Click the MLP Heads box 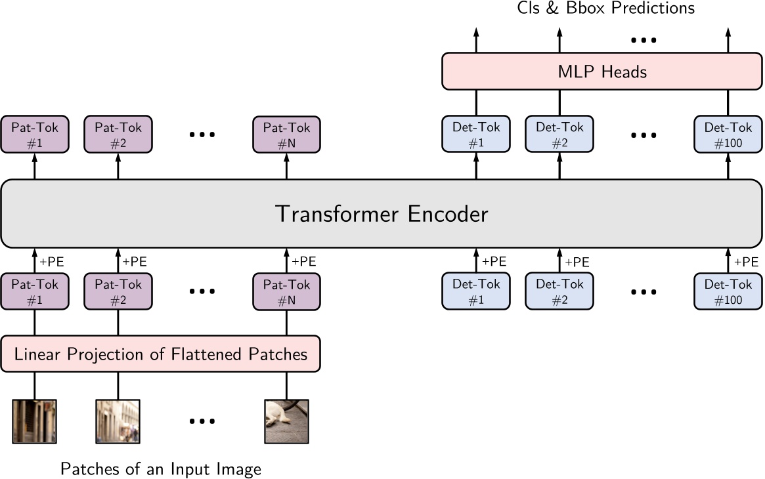(601, 72)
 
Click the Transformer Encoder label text (382, 214)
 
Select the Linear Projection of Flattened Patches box (161, 355)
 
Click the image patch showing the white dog (286, 421)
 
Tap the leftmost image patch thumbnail (35, 421)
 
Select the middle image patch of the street (118, 421)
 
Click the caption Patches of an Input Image (161, 469)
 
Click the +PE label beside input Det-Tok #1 (494, 261)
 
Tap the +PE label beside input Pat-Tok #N (303, 261)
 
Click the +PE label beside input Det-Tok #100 (746, 261)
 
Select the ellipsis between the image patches (202, 421)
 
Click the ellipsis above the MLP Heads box (644, 41)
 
